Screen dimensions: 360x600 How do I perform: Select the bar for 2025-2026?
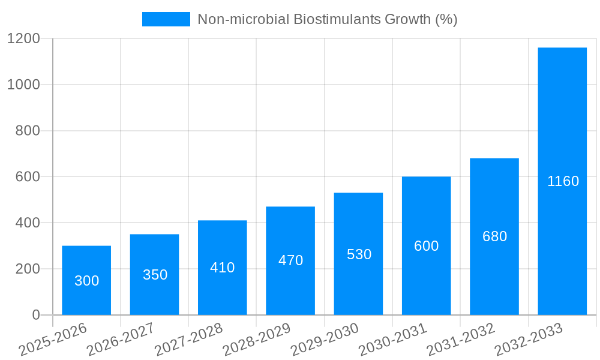(86, 280)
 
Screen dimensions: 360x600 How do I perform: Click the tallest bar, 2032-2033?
(562, 181)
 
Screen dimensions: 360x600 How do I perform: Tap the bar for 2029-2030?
(358, 254)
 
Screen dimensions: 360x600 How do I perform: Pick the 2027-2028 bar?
(222, 268)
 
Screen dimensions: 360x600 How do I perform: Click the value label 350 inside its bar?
(155, 275)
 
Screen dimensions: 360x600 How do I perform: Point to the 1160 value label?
(563, 181)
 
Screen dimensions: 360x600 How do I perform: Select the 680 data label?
(494, 236)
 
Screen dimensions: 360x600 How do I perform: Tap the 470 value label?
(290, 260)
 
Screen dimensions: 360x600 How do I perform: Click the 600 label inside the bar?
(426, 246)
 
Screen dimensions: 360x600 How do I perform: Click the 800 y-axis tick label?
(28, 131)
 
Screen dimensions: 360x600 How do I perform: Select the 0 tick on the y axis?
(35, 315)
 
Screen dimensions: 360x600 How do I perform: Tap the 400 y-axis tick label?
(28, 223)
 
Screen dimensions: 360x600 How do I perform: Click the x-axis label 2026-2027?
(121, 340)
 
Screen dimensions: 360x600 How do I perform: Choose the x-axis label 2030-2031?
(392, 340)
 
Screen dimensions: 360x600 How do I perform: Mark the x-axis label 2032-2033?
(529, 340)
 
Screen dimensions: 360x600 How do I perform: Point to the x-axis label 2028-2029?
(256, 340)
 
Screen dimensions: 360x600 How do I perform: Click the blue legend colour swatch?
(166, 19)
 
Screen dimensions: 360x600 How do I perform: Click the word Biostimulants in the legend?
(331, 19)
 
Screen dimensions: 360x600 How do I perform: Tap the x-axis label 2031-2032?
(460, 340)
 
